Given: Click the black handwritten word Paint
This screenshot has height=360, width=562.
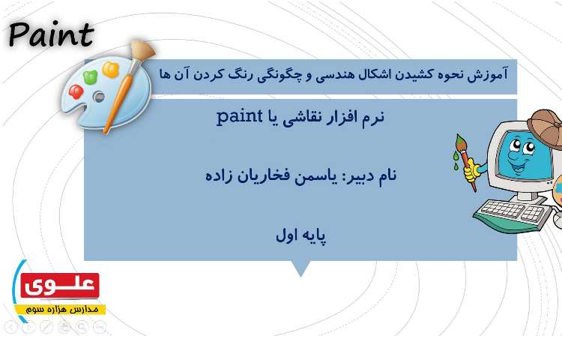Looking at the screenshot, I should point(51,34).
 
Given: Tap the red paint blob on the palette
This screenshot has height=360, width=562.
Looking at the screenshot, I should point(76,91).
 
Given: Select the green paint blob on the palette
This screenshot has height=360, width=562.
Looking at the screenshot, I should point(91,76).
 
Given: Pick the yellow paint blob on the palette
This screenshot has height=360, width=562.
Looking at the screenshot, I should point(111,70).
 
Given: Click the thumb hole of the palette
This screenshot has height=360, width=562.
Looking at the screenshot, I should point(99,97).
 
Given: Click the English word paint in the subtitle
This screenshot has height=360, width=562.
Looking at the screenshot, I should point(238,117).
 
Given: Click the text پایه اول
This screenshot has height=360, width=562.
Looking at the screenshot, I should point(300,235).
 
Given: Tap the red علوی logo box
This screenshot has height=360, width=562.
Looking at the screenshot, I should point(61,285).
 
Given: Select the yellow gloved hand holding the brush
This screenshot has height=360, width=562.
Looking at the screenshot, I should point(471,172).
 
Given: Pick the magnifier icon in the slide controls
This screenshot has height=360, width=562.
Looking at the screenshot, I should point(82,327).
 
